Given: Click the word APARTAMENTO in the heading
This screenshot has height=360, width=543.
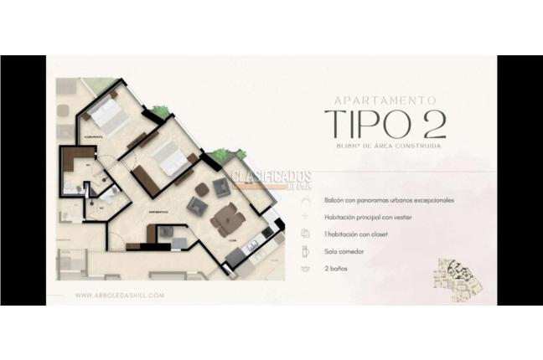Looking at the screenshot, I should (x=385, y=99).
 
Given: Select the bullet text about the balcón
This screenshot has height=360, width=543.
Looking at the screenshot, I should (x=389, y=201).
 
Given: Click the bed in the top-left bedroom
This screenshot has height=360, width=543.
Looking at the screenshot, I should (x=110, y=116).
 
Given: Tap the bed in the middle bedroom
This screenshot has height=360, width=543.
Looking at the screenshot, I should (x=173, y=159).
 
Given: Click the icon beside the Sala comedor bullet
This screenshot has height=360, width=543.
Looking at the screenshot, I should (x=306, y=251).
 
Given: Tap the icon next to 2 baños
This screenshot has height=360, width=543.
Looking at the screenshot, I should (x=306, y=268).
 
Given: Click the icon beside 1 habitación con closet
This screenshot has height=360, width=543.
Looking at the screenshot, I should (x=306, y=234).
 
